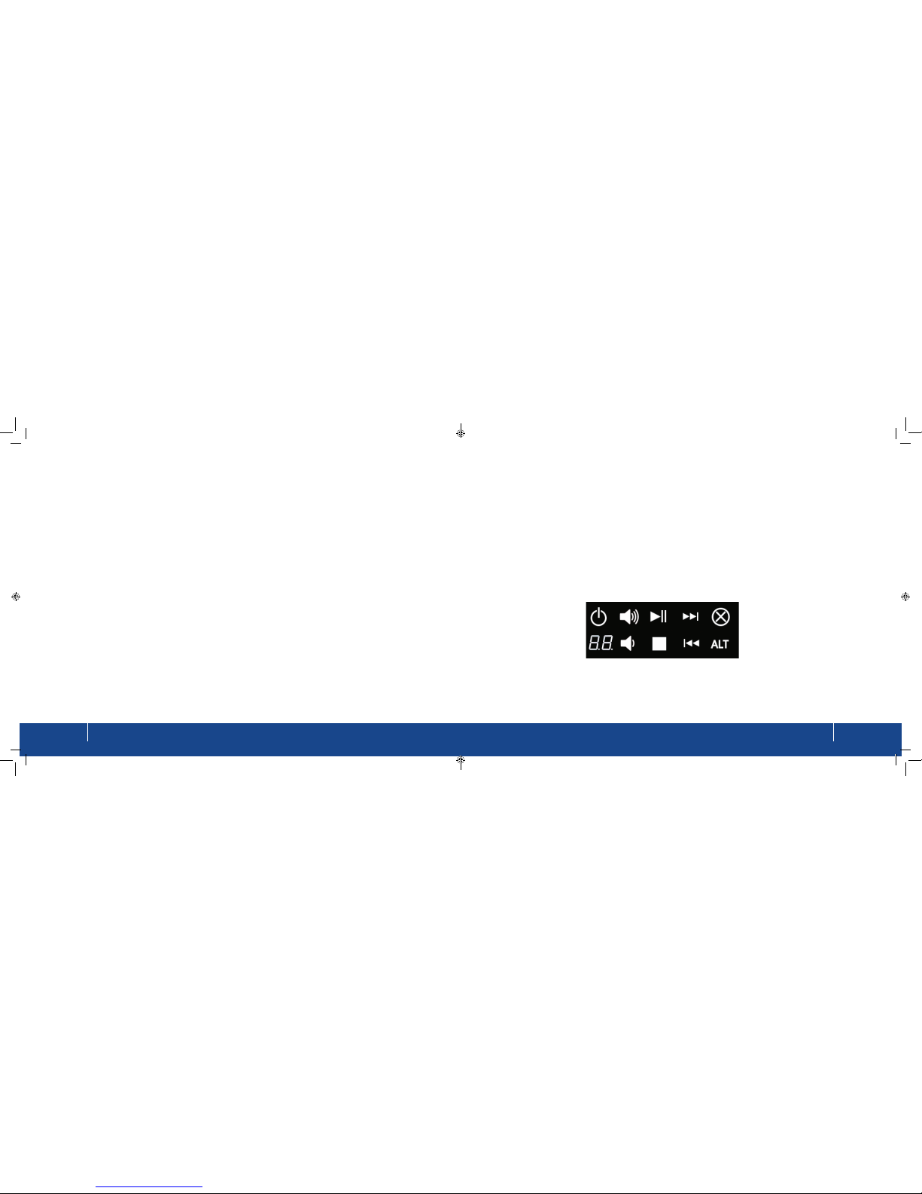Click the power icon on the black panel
click(598, 616)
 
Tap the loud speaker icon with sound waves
click(629, 616)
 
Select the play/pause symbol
click(658, 616)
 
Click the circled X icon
click(720, 616)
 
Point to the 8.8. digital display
click(601, 643)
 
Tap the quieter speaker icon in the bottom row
click(627, 643)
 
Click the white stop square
click(659, 643)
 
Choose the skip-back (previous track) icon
click(691, 643)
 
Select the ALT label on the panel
click(720, 644)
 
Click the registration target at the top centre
click(461, 434)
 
